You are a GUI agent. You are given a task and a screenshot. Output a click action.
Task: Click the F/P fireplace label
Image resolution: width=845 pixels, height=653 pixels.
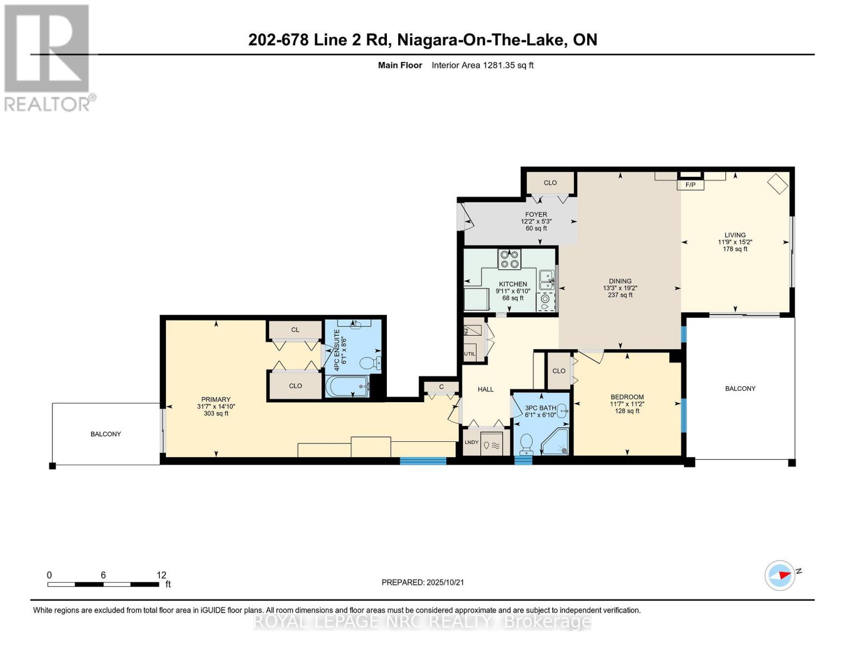coord(690,185)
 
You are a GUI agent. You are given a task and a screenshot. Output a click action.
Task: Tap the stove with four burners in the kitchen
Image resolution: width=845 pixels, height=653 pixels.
coord(509,259)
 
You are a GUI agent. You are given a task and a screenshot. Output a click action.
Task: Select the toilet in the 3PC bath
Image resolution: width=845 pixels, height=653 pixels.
coord(526,444)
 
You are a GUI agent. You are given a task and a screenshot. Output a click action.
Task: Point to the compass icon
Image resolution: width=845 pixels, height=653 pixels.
coord(780,575)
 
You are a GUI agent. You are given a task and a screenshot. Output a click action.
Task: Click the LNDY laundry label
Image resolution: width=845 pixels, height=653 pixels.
coord(471,442)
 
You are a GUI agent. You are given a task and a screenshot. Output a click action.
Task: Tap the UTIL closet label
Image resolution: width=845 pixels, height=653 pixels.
coord(470,354)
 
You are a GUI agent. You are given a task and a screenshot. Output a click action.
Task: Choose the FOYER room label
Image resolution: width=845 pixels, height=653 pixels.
coord(536,214)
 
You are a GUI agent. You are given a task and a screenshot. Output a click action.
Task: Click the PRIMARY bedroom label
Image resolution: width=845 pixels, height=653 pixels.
coord(215,399)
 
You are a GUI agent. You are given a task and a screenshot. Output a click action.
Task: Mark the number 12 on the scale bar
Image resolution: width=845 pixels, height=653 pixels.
coord(161,575)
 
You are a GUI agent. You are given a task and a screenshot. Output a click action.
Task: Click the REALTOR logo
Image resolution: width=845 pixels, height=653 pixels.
coord(48,57)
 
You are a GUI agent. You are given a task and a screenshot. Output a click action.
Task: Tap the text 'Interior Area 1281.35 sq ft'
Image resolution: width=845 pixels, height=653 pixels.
coord(482,65)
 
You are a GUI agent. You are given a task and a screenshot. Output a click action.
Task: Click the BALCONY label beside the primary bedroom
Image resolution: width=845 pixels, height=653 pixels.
coord(106,434)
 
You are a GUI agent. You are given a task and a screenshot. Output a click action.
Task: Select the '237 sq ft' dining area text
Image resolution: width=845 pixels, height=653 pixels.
coord(620,295)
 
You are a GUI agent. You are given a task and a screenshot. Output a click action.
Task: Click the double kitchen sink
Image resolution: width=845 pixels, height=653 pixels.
coord(546,280)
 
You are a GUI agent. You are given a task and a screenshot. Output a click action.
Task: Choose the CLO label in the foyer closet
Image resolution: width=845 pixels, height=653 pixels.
coord(550,183)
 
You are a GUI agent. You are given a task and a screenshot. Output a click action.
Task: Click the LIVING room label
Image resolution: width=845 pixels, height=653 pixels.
coord(735,235)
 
